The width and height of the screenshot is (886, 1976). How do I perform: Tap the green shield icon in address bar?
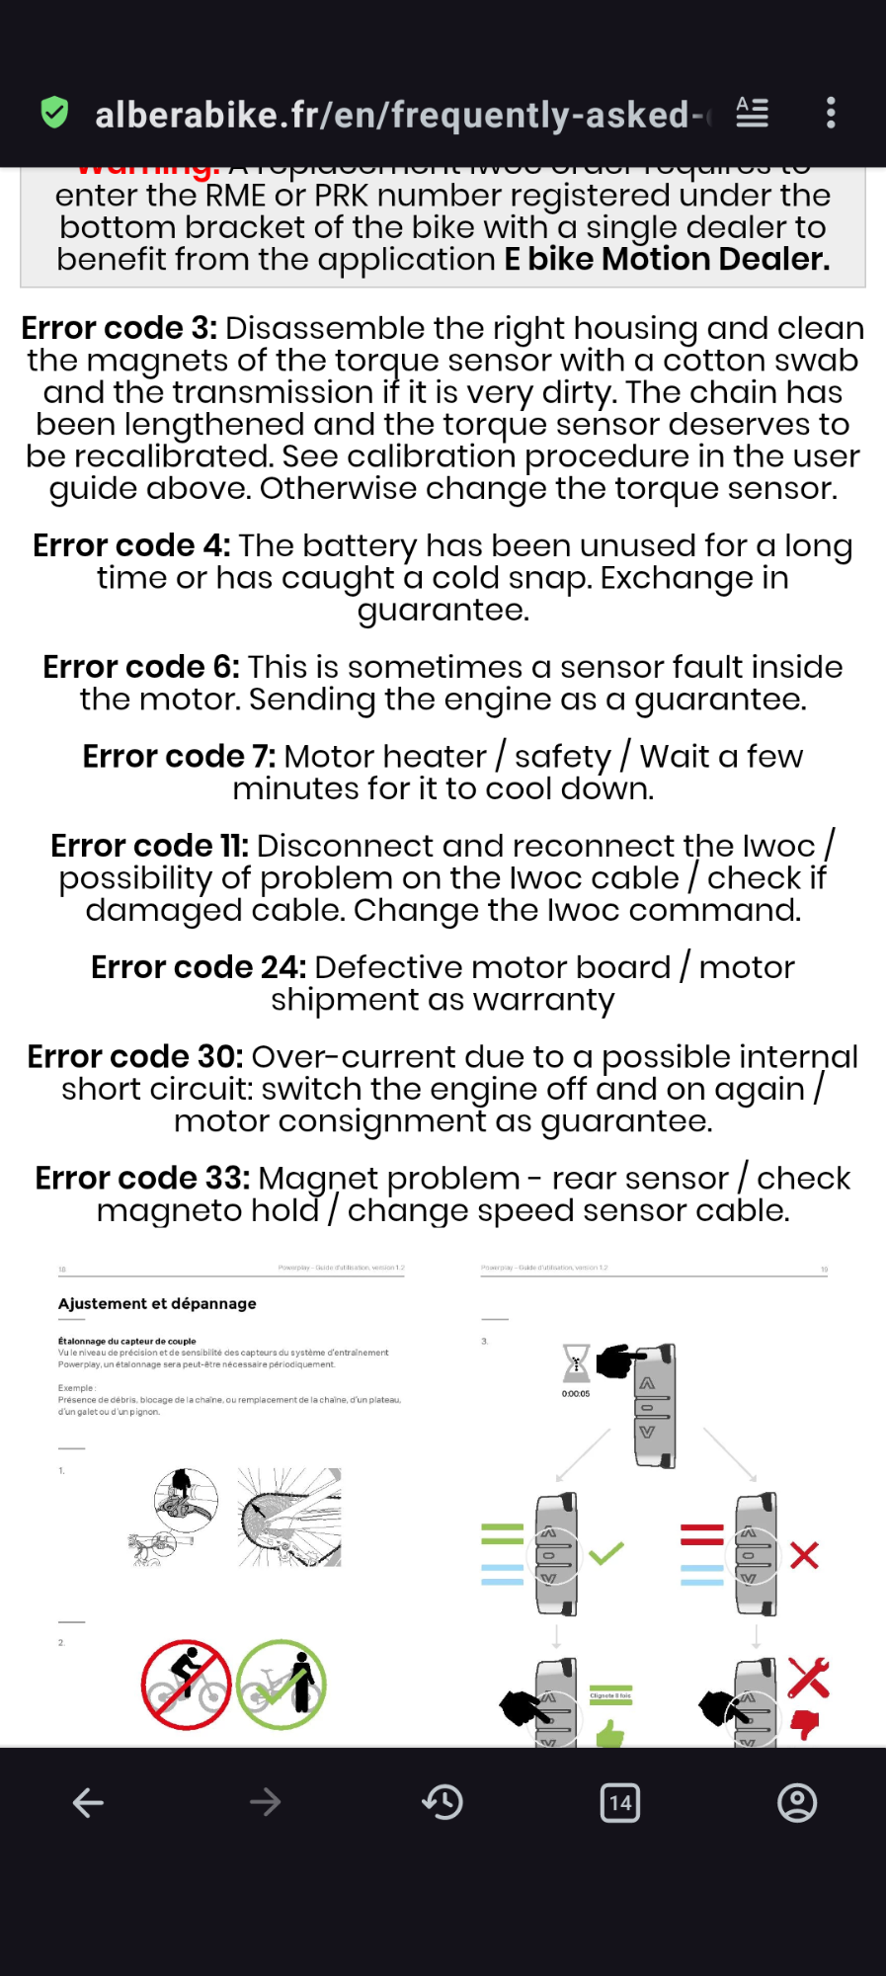coord(54,113)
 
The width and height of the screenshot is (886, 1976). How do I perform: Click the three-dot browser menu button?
coord(831,113)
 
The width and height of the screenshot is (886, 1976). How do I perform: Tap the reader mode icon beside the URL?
coord(752,113)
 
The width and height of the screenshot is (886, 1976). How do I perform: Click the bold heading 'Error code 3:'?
coord(119,328)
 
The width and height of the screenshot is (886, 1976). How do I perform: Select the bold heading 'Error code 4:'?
coord(131,545)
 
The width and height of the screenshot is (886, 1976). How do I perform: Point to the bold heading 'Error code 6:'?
coord(140,667)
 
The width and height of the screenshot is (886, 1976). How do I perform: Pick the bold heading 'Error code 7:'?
coord(179,756)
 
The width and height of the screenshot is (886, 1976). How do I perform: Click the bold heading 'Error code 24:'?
coord(198,967)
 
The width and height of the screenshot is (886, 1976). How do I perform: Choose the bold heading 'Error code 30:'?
coord(134,1056)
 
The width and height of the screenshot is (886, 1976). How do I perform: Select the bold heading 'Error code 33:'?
coord(142,1178)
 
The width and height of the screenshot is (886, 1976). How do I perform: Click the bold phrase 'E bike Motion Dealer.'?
coord(667,259)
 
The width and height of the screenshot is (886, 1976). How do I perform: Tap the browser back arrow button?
coord(88,1803)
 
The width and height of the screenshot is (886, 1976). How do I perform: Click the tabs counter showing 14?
coord(620,1803)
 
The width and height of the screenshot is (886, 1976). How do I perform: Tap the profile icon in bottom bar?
coord(797,1803)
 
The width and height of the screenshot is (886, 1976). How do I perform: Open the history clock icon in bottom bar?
coord(443,1803)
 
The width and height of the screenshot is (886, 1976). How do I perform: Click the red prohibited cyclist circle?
coord(186,1685)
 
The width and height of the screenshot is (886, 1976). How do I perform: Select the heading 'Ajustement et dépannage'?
coord(157,1303)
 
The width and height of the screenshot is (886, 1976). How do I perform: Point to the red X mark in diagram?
coord(804,1556)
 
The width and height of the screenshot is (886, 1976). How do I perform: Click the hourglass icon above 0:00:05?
coord(576,1362)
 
